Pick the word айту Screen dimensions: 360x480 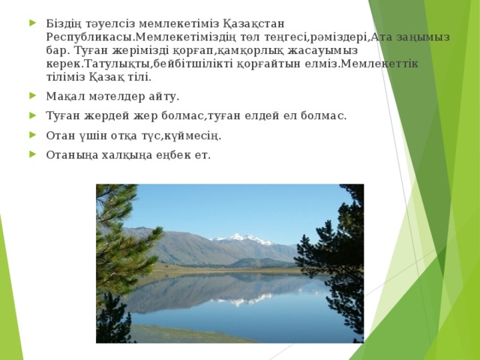(165, 97)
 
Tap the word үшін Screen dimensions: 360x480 (94, 136)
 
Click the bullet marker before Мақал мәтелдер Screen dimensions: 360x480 (31, 96)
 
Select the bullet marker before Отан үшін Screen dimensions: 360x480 (31, 135)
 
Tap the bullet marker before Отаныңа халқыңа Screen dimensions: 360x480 (31, 154)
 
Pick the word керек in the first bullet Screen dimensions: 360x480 (62, 63)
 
